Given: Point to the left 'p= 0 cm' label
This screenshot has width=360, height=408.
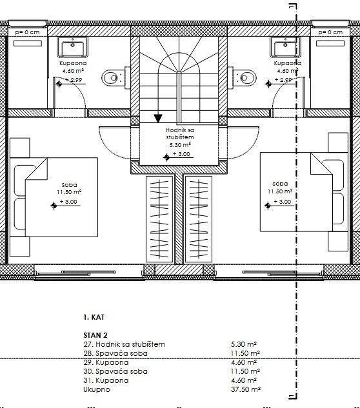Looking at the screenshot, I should click(x=27, y=32).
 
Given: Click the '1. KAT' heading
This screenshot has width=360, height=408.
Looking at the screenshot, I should click(x=94, y=318).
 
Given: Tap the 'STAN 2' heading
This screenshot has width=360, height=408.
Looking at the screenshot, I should click(x=95, y=335).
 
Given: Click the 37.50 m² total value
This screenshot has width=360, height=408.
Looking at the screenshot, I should click(x=245, y=390).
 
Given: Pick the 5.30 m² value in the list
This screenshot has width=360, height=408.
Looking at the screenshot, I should click(x=245, y=344).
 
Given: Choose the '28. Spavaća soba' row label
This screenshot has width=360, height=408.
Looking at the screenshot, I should click(x=115, y=353).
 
